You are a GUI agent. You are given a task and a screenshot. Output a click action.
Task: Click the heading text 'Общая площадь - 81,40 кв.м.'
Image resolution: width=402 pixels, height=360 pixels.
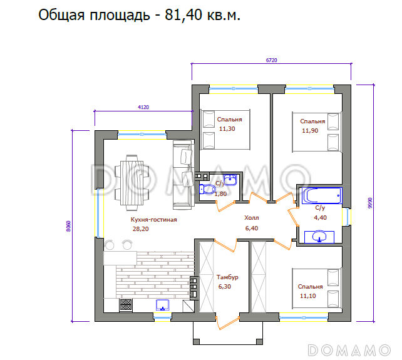pyautogui.click(x=140, y=15)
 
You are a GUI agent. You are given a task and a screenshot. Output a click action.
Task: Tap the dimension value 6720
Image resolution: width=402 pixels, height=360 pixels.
pyautogui.click(x=271, y=60)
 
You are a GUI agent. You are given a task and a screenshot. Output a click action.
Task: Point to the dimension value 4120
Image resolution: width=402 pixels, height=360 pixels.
pyautogui.click(x=143, y=108)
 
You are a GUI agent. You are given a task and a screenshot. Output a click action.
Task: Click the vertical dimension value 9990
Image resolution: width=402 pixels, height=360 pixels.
pyautogui.click(x=370, y=203)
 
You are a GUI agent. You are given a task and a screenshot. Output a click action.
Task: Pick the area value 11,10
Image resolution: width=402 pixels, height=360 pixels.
pyautogui.click(x=307, y=296)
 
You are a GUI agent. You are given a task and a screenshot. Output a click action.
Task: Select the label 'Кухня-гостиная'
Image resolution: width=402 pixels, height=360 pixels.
pyautogui.click(x=153, y=220)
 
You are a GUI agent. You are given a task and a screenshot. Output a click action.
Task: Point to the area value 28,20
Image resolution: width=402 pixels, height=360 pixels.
pyautogui.click(x=140, y=229)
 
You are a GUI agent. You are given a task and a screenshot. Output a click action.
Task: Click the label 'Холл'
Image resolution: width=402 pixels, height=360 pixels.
pyautogui.click(x=251, y=219)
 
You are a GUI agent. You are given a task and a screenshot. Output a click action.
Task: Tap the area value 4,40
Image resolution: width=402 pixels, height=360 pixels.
pyautogui.click(x=320, y=217)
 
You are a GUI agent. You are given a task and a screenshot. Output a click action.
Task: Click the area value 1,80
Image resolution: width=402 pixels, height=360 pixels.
pyautogui.click(x=220, y=194)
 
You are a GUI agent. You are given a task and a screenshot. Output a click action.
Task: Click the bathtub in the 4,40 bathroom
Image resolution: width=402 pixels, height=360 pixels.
pyautogui.click(x=320, y=196)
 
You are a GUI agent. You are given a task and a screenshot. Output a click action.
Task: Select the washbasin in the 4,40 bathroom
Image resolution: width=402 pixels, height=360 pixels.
pyautogui.click(x=319, y=236)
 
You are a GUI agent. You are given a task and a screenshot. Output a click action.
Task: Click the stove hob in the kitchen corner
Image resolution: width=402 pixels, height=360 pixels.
pyautogui.click(x=125, y=305)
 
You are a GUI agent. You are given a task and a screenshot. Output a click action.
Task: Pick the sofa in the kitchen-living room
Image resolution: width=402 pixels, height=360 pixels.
pyautogui.click(x=183, y=174)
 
